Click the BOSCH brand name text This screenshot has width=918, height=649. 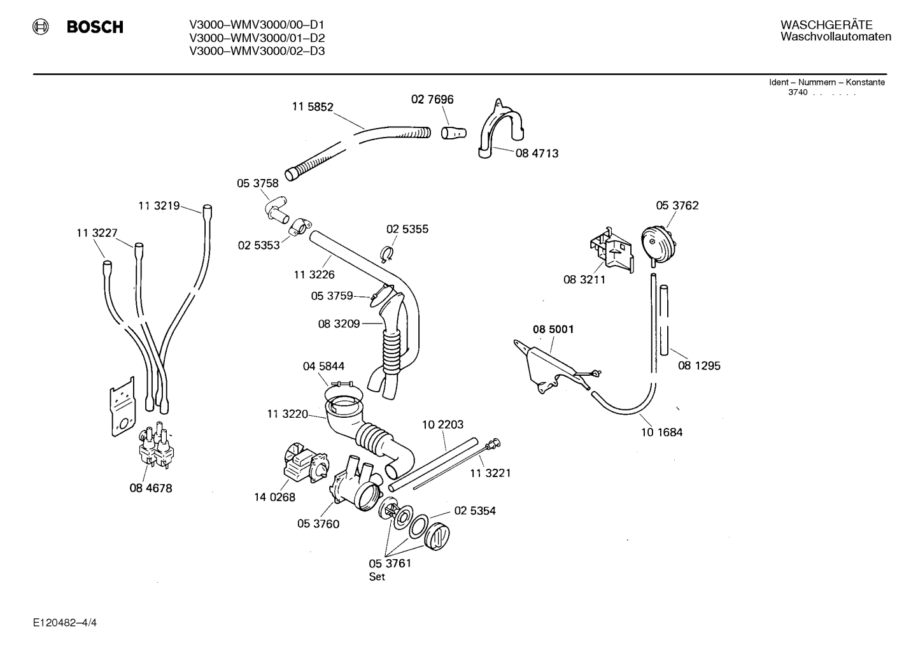(95, 27)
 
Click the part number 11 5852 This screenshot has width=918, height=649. (313, 107)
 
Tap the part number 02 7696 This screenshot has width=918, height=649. (432, 99)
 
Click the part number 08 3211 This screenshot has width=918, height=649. (584, 280)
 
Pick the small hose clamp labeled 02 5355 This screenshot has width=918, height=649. (387, 255)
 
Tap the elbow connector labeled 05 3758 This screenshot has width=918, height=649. (277, 210)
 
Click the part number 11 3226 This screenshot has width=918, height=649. (314, 275)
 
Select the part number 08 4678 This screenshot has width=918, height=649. (151, 489)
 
